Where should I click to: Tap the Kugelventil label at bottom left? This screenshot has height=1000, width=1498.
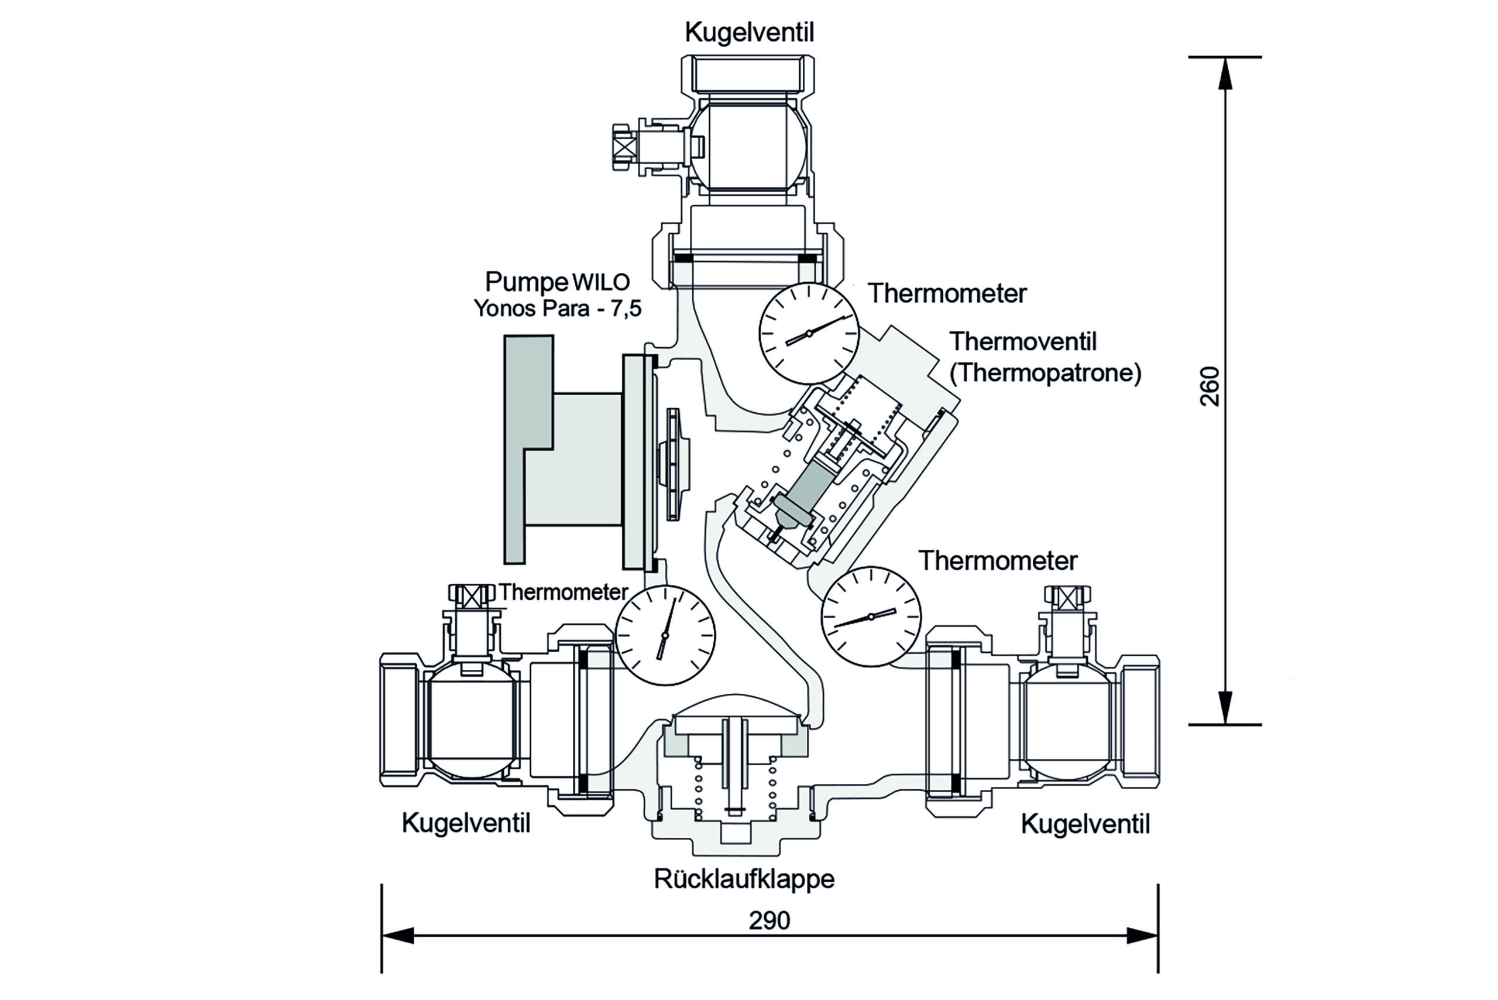(466, 823)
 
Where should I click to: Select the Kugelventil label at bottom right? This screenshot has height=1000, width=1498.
(1085, 824)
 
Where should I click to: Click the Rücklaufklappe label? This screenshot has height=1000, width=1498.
(744, 879)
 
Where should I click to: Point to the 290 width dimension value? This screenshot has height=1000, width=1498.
(769, 920)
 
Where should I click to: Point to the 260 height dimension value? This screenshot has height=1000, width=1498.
(1210, 386)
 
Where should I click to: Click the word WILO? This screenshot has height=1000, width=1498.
(601, 282)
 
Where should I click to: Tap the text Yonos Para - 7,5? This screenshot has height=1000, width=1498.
(557, 309)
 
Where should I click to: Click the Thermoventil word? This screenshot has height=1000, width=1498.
(1022, 342)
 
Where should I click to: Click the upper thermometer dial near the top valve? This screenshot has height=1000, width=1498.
(809, 333)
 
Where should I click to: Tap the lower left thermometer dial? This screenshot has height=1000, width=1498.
(665, 635)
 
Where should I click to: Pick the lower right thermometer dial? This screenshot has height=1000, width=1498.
(871, 616)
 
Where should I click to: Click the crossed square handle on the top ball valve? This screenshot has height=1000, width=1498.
(624, 148)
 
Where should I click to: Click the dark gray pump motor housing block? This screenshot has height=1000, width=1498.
(528, 449)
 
